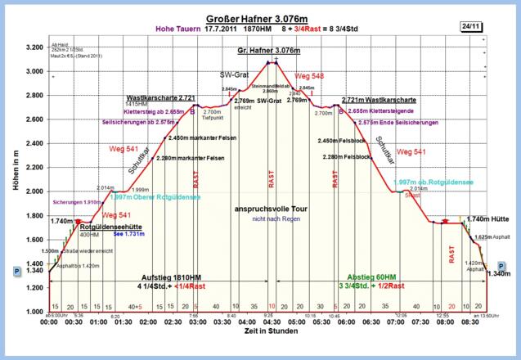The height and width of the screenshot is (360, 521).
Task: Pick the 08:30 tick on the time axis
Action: coord(470,323)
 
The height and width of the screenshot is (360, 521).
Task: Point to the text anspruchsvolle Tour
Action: coord(270,209)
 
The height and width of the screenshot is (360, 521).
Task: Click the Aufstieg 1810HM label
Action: coord(173,276)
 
